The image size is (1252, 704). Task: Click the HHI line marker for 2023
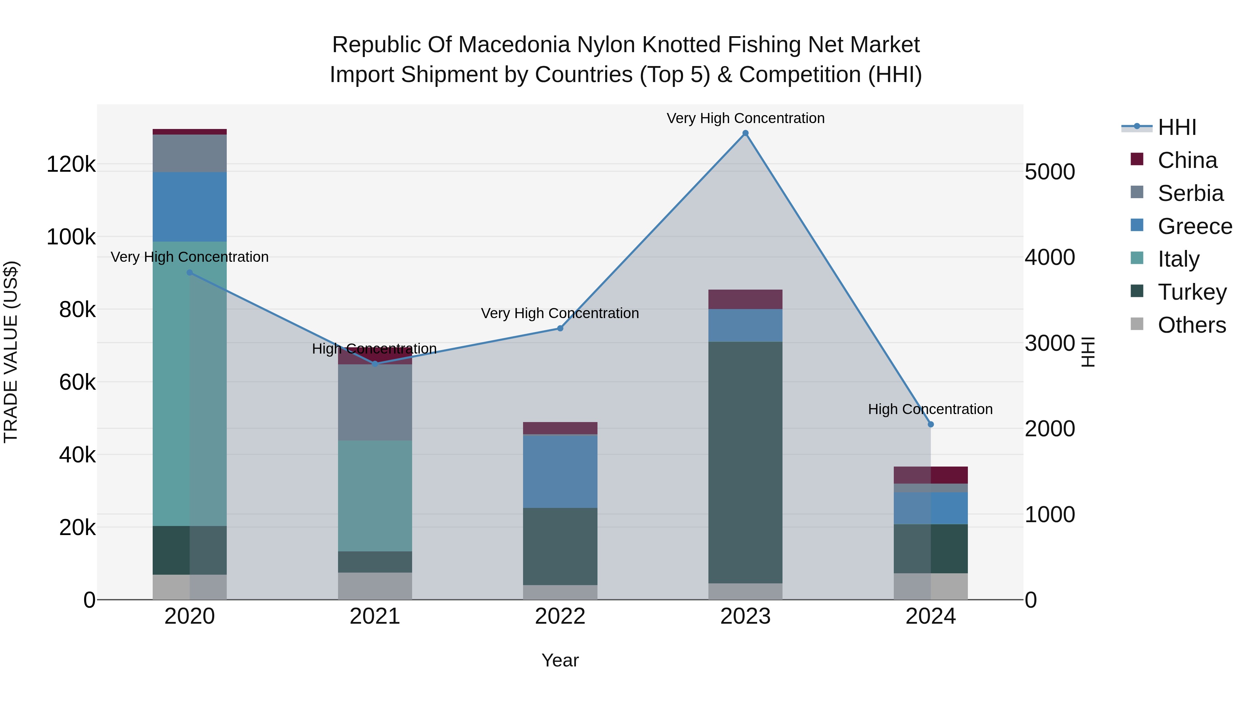745,133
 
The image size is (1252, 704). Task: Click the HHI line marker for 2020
190,273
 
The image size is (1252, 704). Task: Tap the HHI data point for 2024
930,424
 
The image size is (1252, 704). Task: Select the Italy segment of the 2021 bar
375,495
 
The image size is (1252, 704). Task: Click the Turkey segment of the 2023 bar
745,462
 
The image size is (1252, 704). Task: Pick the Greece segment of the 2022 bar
560,471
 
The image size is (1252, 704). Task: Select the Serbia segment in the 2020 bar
190,153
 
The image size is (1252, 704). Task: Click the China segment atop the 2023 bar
745,299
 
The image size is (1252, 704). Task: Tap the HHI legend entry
1176,127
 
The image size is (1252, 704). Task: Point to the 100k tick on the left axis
71,237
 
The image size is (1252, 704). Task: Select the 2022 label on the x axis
560,616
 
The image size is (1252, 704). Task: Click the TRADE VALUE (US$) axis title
11,352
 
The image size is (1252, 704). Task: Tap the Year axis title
560,660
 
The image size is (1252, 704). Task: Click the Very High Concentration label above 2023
745,118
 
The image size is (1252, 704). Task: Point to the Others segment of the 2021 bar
375,586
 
